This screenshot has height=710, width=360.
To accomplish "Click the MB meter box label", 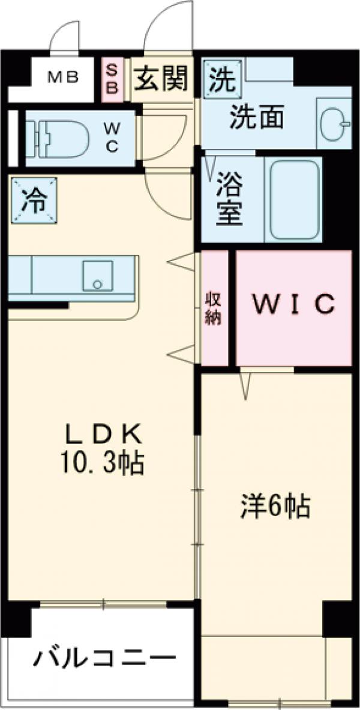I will (63, 78).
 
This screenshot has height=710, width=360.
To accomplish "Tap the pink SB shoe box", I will (112, 78).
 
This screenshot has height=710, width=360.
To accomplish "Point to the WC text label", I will (113, 137).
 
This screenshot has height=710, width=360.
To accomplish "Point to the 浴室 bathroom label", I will (229, 199).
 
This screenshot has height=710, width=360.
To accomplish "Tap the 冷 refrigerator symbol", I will (33, 200).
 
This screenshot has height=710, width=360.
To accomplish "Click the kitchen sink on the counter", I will (96, 275).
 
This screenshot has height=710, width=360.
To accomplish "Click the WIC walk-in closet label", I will (293, 305).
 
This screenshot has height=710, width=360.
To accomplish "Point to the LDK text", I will (103, 433).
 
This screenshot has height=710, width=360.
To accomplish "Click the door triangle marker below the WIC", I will (245, 385).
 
